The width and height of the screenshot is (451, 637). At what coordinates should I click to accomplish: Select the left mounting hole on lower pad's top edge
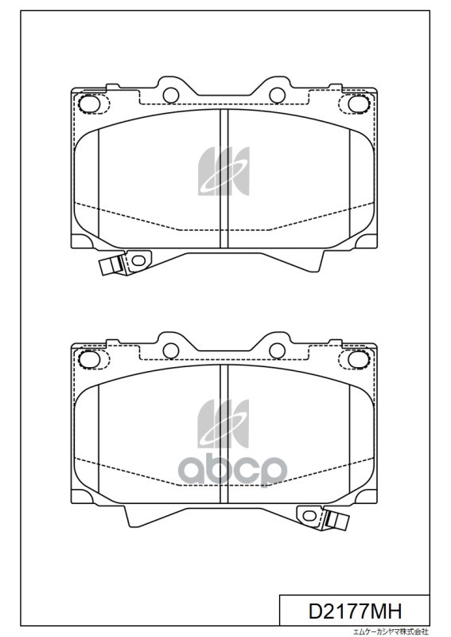tap(171, 348)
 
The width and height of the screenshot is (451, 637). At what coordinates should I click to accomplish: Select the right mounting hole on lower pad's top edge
tap(276, 348)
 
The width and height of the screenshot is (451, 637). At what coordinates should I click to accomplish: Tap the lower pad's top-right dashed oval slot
tap(354, 359)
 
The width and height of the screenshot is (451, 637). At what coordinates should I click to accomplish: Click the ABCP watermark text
tap(231, 470)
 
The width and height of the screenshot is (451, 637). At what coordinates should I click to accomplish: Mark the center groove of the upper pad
tap(224, 179)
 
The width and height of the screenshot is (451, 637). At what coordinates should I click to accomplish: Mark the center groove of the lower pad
tap(224, 434)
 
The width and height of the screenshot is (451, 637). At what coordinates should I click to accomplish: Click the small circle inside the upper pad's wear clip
tap(138, 260)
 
